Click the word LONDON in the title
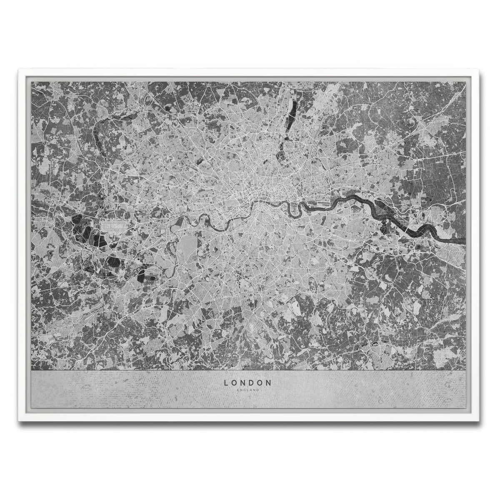pyautogui.click(x=248, y=382)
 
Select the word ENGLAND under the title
pyautogui.click(x=248, y=390)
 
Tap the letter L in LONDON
pyautogui.click(x=226, y=382)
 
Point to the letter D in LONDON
pyautogui.click(x=248, y=382)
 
